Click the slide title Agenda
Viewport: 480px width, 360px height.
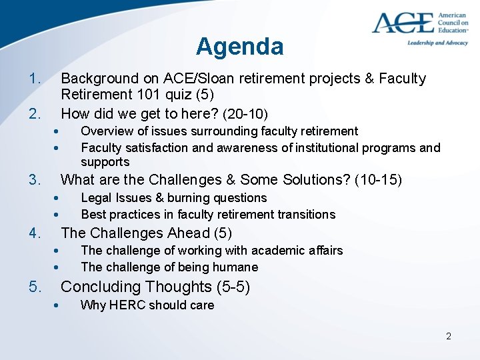pyautogui.click(x=239, y=46)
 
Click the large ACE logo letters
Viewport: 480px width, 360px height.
pyautogui.click(x=403, y=23)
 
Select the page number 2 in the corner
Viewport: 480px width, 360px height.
pyautogui.click(x=449, y=336)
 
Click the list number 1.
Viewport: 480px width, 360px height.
pyautogui.click(x=34, y=79)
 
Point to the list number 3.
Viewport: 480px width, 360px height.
pyautogui.click(x=34, y=179)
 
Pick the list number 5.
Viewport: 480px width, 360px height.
pyautogui.click(x=34, y=287)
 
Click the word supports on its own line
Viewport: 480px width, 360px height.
pyautogui.click(x=105, y=162)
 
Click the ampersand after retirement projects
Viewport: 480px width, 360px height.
pyautogui.click(x=369, y=79)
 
